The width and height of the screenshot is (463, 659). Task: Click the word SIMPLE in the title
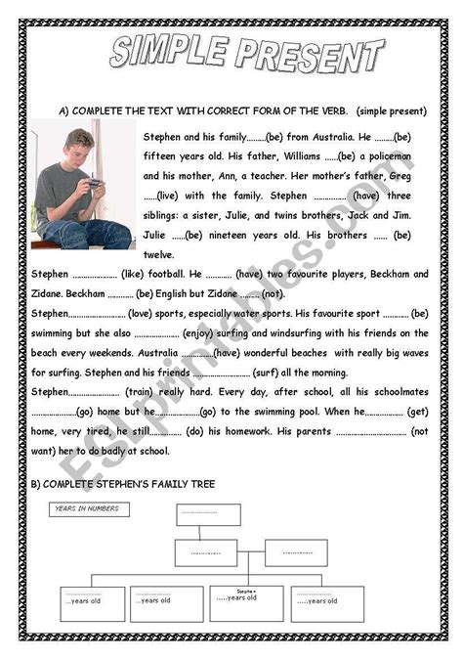coord(165,54)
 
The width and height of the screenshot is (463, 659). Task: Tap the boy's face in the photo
coord(79,149)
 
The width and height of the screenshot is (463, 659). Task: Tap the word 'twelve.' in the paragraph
coord(157,254)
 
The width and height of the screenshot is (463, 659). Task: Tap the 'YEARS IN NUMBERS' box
coord(89,509)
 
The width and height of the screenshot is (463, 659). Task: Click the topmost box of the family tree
coord(206,515)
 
